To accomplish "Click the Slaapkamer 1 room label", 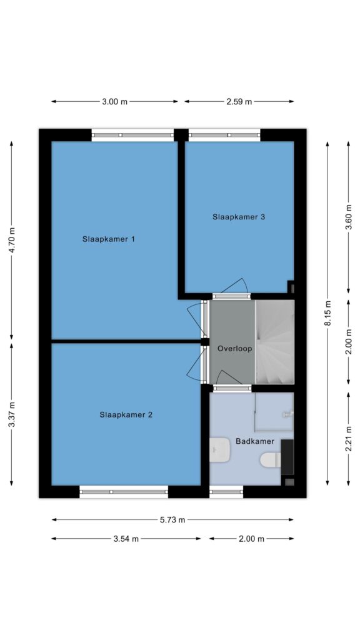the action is (x=109, y=239).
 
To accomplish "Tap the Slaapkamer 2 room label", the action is (x=126, y=415).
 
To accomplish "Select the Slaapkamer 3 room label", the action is (x=239, y=217).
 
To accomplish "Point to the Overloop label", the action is (x=235, y=349).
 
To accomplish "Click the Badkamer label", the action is (x=255, y=441).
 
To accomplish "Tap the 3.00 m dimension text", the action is (x=115, y=102).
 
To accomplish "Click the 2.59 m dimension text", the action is (x=239, y=102).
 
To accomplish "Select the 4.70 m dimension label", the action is (x=12, y=240).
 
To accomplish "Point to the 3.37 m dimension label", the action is (x=12, y=415).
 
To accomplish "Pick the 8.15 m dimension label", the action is (x=327, y=313).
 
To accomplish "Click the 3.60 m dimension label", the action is (x=349, y=217).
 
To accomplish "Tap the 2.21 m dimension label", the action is (x=349, y=438).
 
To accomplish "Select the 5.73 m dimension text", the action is (x=172, y=520).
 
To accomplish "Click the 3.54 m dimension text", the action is (x=126, y=539).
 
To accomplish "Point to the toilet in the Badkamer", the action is (x=271, y=459).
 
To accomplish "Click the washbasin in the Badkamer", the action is (x=219, y=450).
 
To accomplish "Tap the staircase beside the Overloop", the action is (x=275, y=342).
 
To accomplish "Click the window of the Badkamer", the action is (x=226, y=492).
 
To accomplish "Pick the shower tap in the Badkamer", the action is (x=287, y=414).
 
